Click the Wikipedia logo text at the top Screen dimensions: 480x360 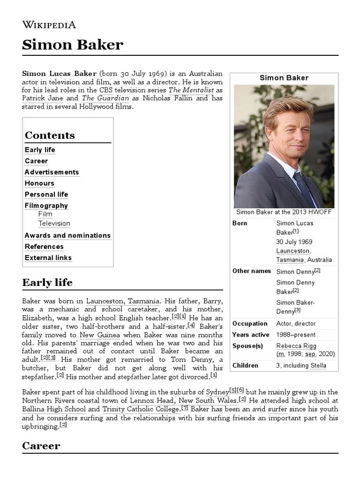(49, 25)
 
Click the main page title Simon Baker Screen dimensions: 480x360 (73, 45)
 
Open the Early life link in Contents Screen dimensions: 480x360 (40, 150)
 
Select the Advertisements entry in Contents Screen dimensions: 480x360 (52, 172)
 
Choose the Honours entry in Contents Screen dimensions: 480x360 (39, 183)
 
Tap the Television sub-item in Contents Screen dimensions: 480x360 (54, 224)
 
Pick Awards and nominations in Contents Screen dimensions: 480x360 (67, 235)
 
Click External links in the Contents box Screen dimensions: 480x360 (48, 258)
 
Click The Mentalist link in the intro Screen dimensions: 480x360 (191, 90)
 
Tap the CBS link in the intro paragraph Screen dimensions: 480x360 (105, 90)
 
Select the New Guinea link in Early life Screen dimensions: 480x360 (100, 335)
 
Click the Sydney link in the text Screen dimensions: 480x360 (217, 392)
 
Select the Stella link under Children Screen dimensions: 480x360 (318, 366)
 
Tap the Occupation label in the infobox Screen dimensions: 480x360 (250, 323)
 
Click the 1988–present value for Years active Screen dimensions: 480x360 (296, 335)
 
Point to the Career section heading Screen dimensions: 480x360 (41, 445)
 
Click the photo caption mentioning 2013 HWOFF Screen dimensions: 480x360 (284, 212)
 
